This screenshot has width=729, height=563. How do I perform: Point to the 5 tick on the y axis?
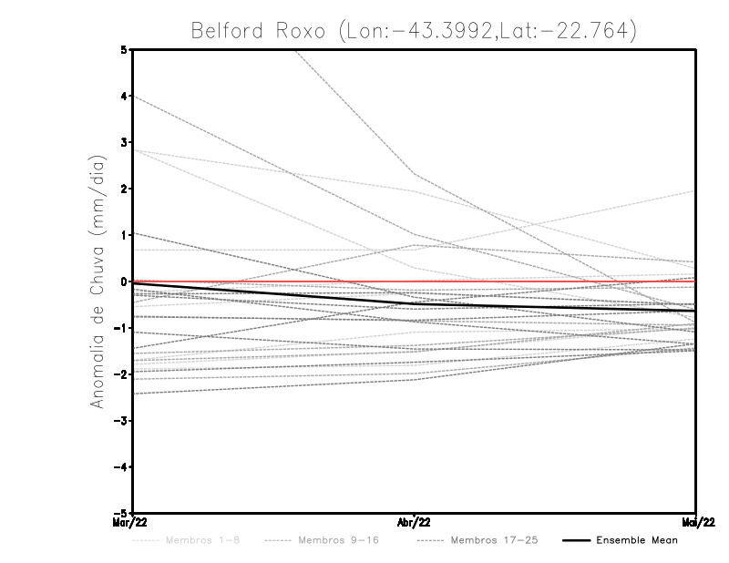[124, 49]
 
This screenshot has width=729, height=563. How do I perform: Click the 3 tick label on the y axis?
[124, 142]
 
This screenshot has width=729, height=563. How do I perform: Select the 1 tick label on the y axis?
[124, 235]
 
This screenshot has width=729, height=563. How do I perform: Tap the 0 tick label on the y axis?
[124, 281]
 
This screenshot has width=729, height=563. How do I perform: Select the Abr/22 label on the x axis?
[415, 523]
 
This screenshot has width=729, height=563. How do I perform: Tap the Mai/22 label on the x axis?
[696, 523]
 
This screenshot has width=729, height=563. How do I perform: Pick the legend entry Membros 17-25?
[494, 540]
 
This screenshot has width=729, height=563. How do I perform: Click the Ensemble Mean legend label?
[637, 540]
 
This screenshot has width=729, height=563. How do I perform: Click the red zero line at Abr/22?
[415, 282]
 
